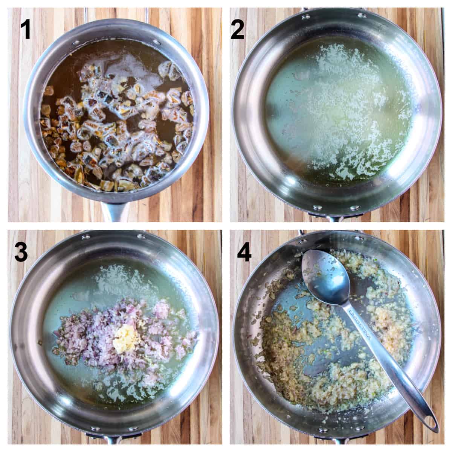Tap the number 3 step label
point(21,252)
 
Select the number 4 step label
point(244,251)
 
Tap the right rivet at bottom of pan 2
point(355,207)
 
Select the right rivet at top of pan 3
point(142,237)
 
